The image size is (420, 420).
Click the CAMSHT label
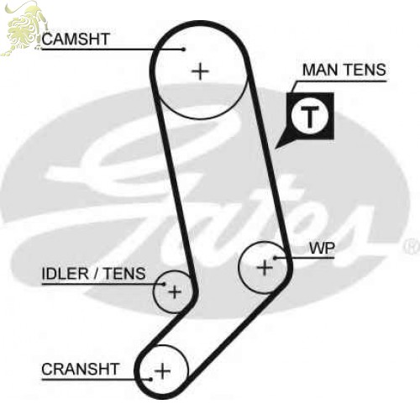point(76,39)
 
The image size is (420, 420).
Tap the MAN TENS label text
point(344,70)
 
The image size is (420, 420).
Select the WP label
point(322,248)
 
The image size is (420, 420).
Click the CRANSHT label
point(81,369)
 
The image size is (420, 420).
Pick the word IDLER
point(66,274)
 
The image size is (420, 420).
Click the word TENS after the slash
point(124,274)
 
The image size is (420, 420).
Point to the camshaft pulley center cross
point(200,71)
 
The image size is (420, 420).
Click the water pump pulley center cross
point(265,268)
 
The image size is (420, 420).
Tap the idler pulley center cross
point(175,292)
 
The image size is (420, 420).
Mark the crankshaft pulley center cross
point(162,371)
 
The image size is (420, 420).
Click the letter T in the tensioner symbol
point(309,117)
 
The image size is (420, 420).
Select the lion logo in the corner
point(24,28)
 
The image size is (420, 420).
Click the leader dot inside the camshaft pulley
point(184,50)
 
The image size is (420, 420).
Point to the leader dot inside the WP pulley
point(275,258)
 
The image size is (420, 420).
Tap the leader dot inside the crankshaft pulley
point(150,380)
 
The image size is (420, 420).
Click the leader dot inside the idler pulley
point(165,284)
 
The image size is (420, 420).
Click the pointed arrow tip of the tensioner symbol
point(276,148)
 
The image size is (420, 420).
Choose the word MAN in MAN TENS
point(320,70)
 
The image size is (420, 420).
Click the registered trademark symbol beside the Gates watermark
point(411,246)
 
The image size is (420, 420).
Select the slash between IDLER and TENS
point(97,274)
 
